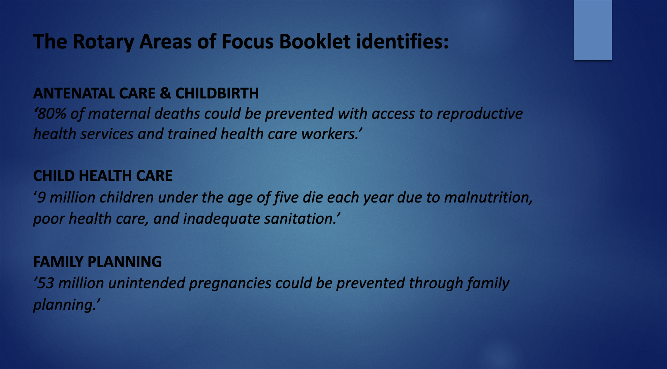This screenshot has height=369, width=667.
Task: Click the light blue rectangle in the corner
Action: coord(593,30)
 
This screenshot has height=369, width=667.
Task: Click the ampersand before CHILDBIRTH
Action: coord(165,93)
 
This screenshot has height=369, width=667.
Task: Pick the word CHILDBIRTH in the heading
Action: coord(217,93)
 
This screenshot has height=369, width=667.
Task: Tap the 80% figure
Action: coord(51,114)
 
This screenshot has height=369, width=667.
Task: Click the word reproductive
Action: coord(480,114)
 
